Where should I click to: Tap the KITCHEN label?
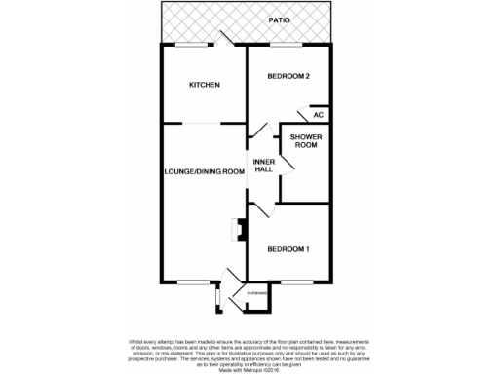tap(204, 85)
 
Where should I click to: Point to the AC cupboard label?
tap(318, 115)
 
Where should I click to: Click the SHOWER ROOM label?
tap(300, 142)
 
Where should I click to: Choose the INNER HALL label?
tap(263, 165)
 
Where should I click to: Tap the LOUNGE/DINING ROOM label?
tap(204, 171)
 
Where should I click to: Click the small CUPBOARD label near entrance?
tap(256, 292)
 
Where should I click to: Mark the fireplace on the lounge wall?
tap(236, 230)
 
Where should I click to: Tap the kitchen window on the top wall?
tap(192, 45)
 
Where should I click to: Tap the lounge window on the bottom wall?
tap(189, 282)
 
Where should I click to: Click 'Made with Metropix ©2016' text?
tap(249, 368)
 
